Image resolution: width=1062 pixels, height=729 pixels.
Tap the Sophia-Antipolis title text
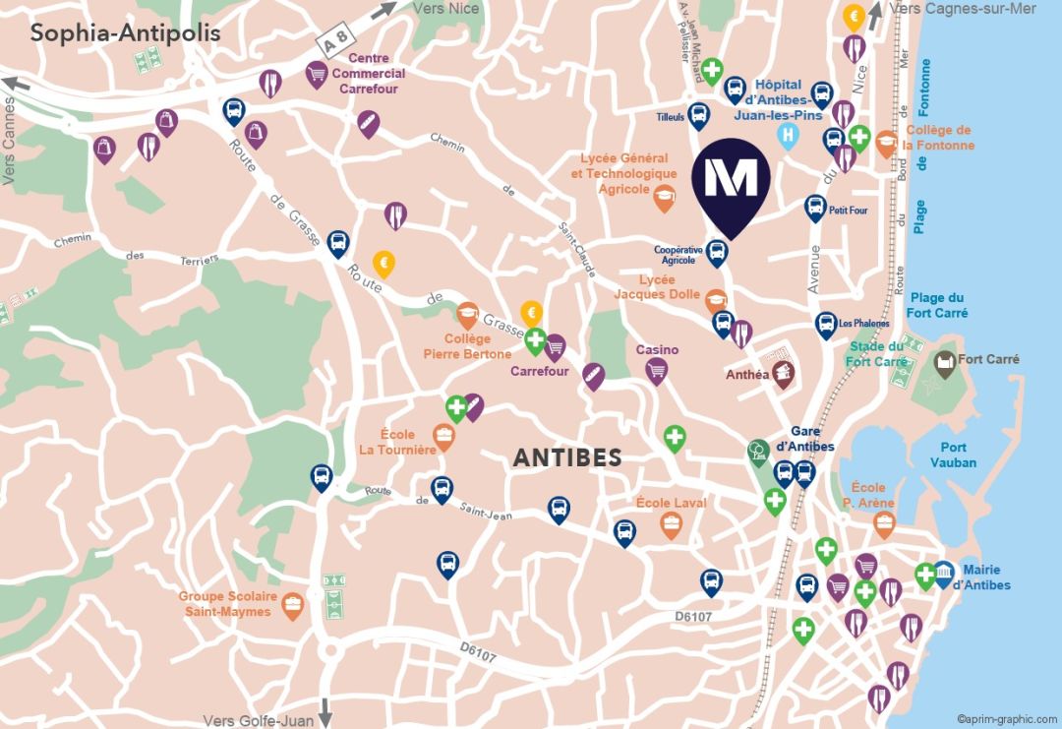(125, 32)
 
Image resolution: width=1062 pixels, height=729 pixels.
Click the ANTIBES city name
(567, 457)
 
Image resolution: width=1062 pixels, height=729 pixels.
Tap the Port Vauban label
(953, 455)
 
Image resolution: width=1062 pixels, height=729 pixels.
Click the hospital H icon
(787, 136)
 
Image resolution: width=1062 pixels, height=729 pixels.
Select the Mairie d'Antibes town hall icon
(943, 573)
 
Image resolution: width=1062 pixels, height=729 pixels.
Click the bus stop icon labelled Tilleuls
(699, 115)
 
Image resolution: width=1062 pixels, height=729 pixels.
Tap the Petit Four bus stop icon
(815, 207)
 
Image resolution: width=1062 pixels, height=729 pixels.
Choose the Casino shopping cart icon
(657, 370)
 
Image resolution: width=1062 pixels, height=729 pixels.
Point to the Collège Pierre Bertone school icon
(467, 314)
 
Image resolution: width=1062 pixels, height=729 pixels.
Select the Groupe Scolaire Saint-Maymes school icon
(292, 604)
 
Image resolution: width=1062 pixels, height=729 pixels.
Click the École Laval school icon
(671, 523)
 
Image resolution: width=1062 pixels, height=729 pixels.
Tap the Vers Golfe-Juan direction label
(259, 720)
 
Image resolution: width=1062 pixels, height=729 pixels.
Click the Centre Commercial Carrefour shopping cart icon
(317, 74)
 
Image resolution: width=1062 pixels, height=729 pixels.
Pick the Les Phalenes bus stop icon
(826, 324)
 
